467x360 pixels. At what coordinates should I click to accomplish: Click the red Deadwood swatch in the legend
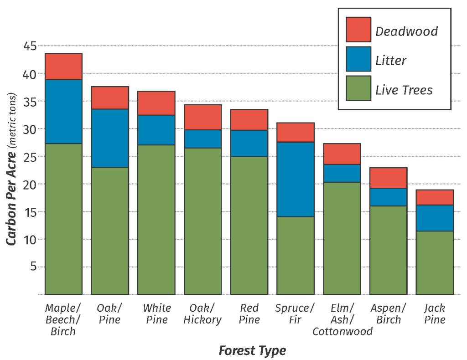(358, 30)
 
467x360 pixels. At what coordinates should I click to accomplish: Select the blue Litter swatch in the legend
(358, 59)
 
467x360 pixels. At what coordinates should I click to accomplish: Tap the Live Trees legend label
(404, 90)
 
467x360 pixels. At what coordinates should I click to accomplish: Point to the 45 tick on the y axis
(30, 46)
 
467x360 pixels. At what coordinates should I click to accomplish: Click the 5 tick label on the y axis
(33, 267)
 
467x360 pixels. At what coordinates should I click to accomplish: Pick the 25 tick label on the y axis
(30, 157)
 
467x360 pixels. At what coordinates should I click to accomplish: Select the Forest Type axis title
(252, 350)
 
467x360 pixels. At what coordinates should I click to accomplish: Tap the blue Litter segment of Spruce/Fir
(296, 179)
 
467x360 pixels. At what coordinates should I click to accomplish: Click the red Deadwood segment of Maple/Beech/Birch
(63, 67)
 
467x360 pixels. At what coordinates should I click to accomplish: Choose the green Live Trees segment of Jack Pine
(435, 262)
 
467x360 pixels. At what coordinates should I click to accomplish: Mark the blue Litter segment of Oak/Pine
(110, 138)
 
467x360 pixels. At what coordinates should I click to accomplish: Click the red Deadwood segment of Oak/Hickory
(202, 117)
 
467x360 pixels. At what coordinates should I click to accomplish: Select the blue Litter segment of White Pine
(156, 130)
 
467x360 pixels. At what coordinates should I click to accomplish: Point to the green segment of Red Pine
(249, 226)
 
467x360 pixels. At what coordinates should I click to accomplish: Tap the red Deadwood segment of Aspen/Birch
(388, 178)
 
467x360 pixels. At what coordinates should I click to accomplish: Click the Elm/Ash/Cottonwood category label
(342, 319)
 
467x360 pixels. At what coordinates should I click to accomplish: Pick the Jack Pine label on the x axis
(435, 314)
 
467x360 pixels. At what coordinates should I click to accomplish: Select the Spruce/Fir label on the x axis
(295, 314)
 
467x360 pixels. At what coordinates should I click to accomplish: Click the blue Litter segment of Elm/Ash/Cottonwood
(342, 173)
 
